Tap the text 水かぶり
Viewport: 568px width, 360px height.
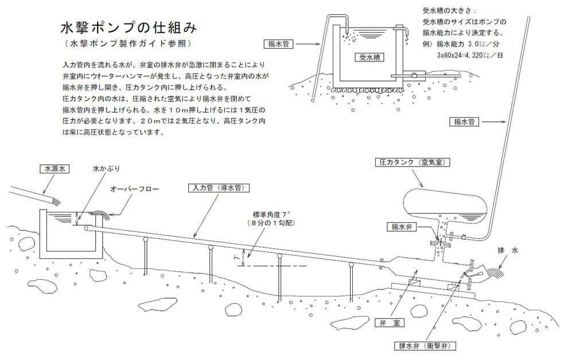pos(106,169)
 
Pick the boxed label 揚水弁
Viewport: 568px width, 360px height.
pos(399,226)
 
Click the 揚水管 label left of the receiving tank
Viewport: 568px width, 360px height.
pos(281,43)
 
